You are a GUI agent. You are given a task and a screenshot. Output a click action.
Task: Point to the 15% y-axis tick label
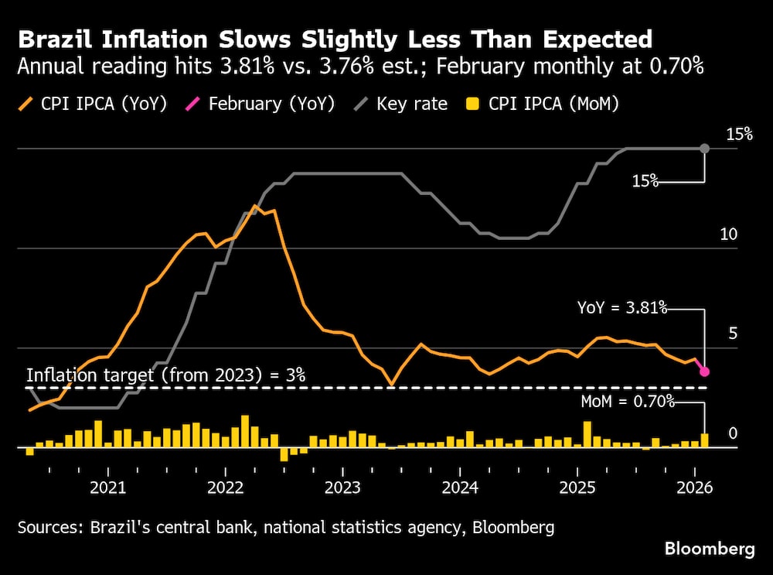point(739,135)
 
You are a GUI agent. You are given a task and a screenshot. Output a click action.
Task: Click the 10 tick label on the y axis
point(730,234)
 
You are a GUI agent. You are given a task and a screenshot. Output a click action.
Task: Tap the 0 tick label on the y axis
point(734,433)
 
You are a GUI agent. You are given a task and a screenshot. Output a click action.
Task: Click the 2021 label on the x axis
point(108,488)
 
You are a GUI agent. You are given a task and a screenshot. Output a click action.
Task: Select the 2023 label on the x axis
point(342,488)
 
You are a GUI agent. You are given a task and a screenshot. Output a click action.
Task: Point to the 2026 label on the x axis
point(694,488)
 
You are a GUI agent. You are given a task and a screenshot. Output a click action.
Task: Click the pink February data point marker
point(704,372)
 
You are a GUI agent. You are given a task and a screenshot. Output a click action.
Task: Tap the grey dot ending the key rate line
point(704,148)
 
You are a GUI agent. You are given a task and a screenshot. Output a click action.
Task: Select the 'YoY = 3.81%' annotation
point(622,308)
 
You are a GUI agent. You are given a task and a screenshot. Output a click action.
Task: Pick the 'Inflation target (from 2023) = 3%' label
point(166,375)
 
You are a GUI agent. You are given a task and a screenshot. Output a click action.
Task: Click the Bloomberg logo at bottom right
point(710,549)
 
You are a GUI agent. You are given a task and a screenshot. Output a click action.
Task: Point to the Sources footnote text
point(285,528)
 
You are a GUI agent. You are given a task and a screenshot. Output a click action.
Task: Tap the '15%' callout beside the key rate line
point(645,181)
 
